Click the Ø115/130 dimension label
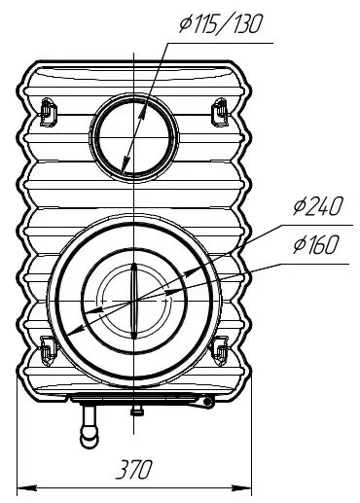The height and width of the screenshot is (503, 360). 220,24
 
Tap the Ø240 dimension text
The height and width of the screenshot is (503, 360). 318,205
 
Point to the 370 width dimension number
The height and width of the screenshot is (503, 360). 134,469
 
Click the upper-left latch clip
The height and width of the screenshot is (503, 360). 48,112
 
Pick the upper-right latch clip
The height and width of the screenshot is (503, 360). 220,112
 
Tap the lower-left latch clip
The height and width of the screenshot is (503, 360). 48,351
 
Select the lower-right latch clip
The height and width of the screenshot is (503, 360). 220,351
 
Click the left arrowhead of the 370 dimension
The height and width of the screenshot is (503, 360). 26,487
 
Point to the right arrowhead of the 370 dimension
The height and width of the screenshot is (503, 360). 241,487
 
